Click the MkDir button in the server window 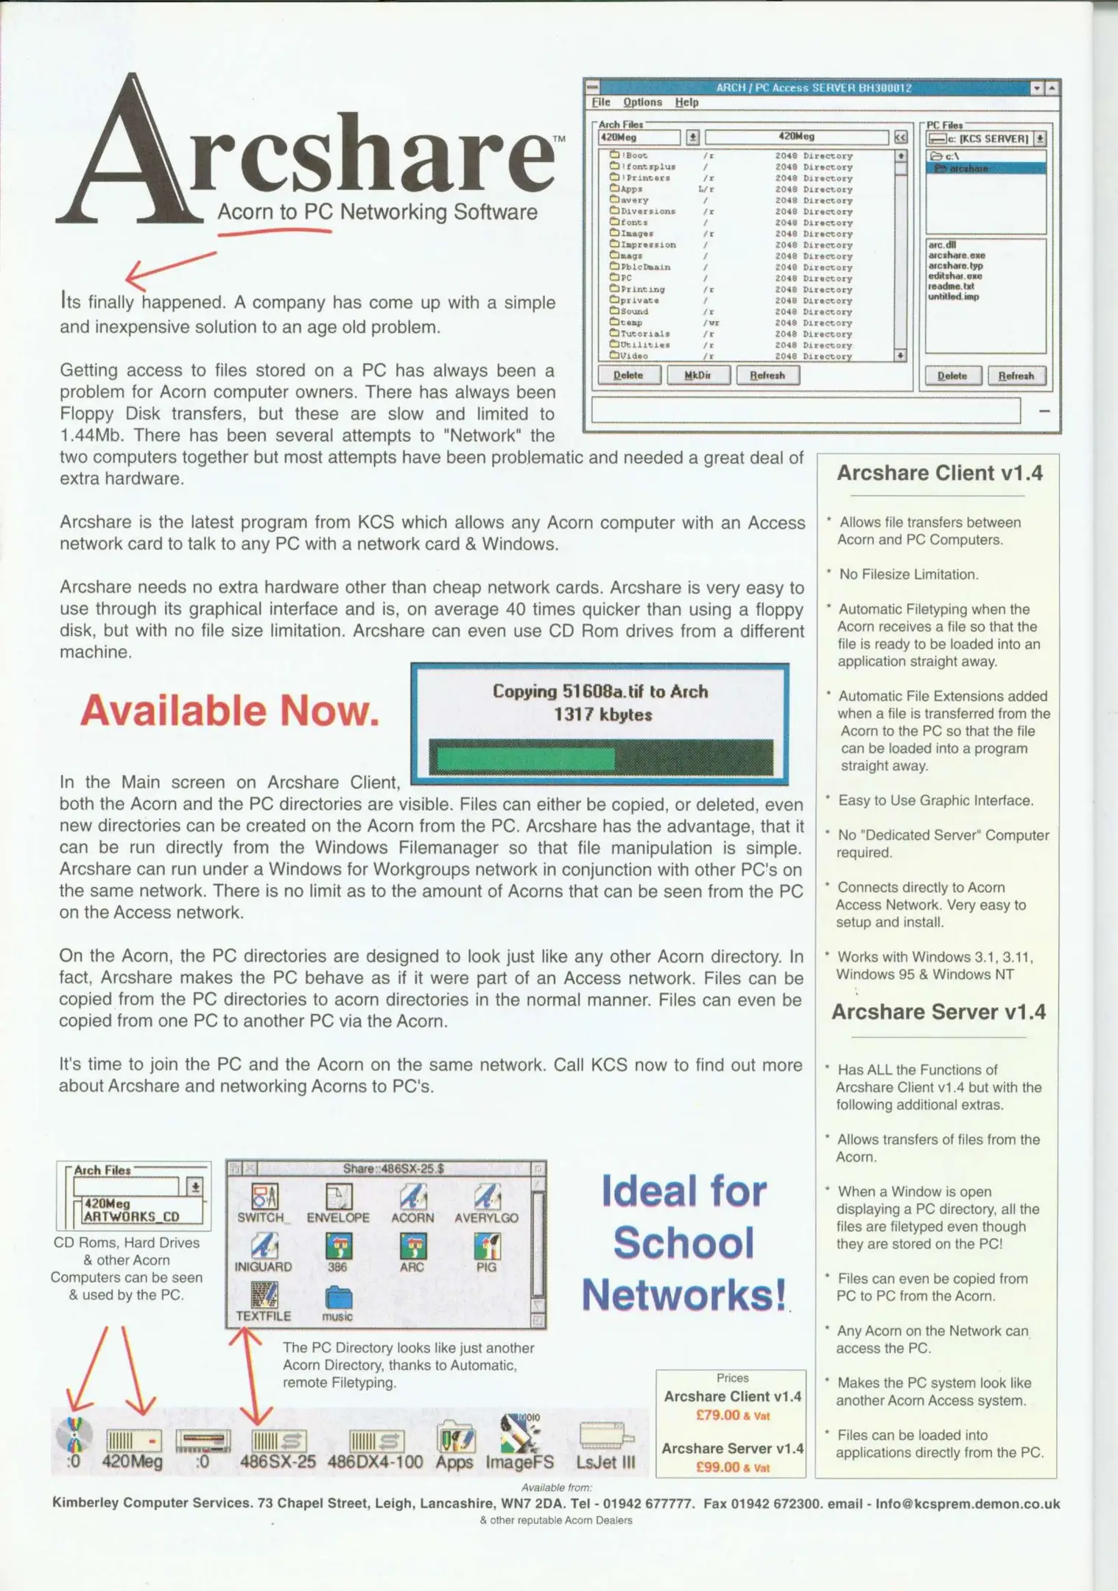click(x=697, y=375)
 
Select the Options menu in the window click(x=642, y=102)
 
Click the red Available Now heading click(x=230, y=711)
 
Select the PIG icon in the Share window click(x=486, y=1247)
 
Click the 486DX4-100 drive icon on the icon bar click(x=376, y=1441)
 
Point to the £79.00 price click(x=718, y=1415)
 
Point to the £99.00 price click(x=718, y=1467)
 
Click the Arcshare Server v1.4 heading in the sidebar click(x=938, y=1012)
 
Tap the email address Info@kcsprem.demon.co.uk click(x=967, y=1504)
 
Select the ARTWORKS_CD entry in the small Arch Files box click(x=132, y=1216)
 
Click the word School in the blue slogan click(x=683, y=1243)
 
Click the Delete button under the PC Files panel click(x=952, y=376)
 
